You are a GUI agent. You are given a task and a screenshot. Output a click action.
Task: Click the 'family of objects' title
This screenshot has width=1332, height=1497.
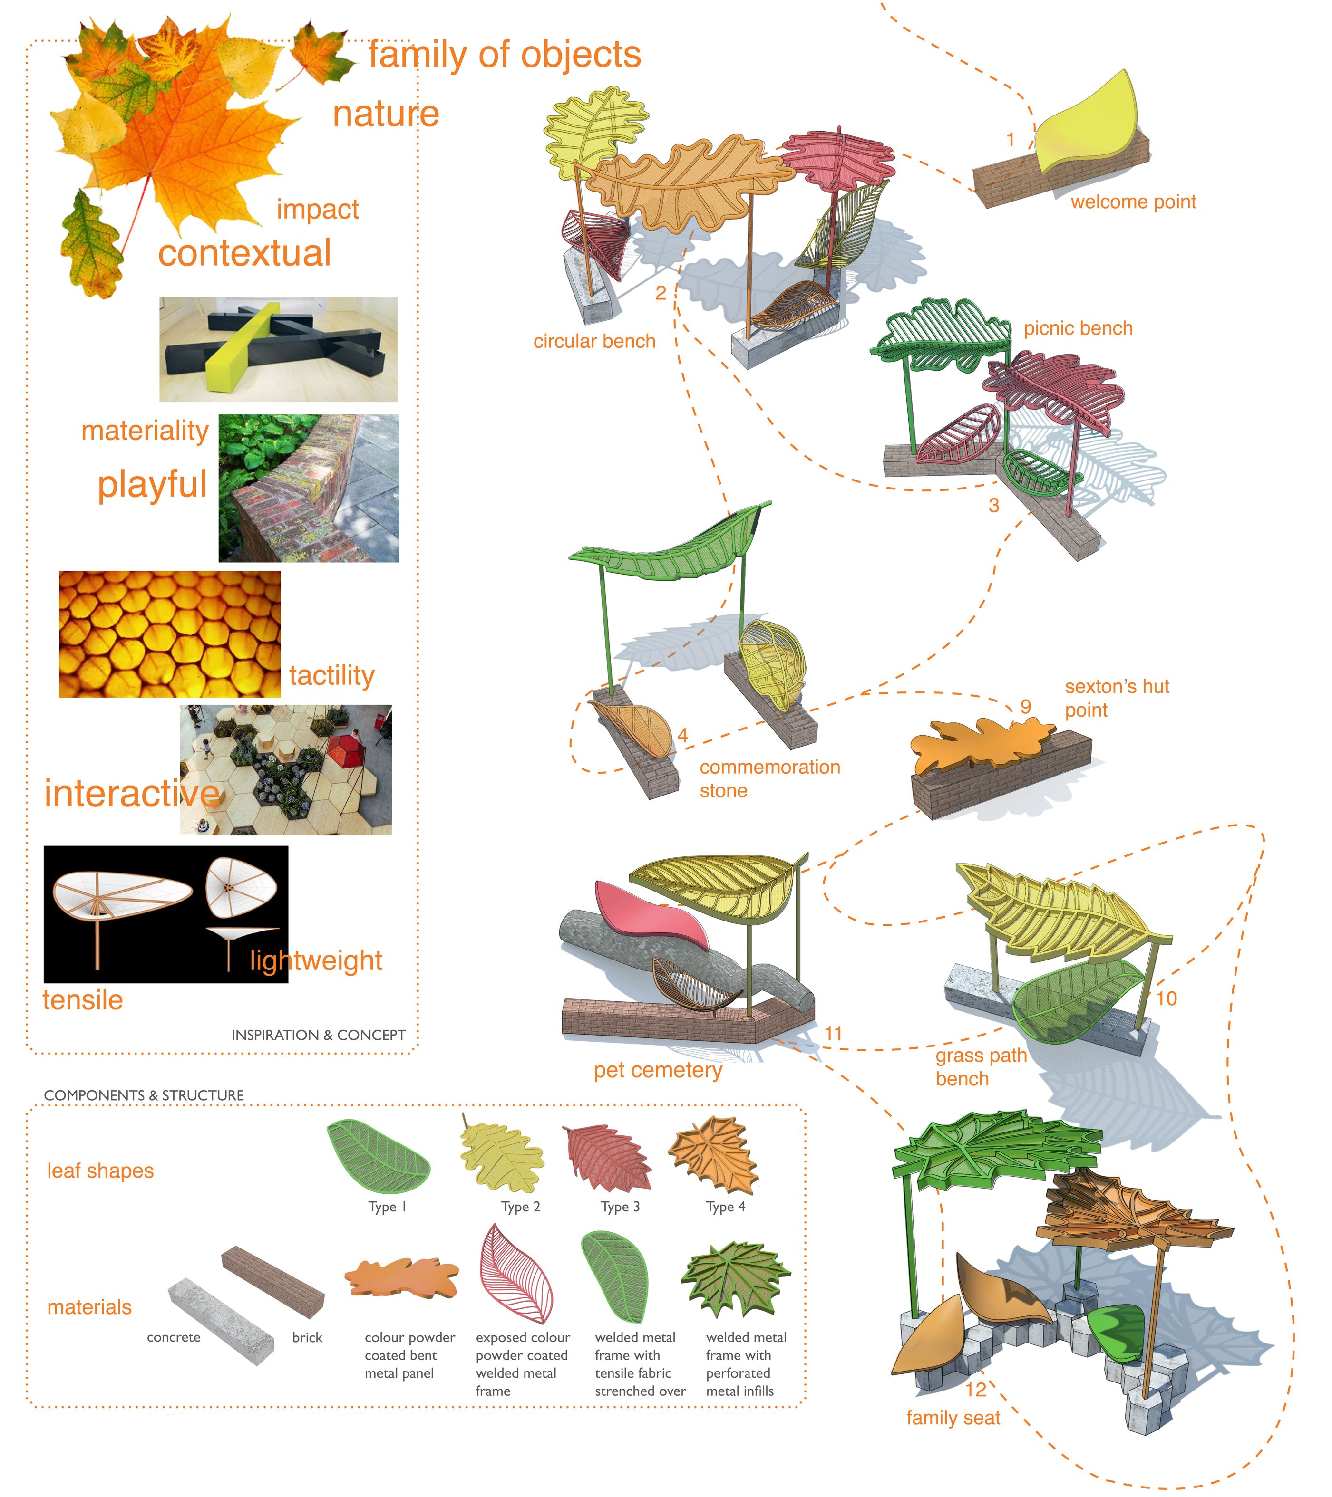point(504,55)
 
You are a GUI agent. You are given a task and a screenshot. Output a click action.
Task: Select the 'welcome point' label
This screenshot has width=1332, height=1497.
point(1133,202)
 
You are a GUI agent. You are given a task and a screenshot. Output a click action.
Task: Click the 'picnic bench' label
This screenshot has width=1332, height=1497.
point(1077,329)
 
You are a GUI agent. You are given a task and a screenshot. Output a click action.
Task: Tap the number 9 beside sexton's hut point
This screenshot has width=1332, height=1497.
point(1025,707)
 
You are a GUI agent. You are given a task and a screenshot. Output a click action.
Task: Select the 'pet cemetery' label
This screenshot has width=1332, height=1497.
point(657,1071)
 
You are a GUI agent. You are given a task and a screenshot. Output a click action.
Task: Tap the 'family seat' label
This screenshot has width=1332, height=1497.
point(953,1418)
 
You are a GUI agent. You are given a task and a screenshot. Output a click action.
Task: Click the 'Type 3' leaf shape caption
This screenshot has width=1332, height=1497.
point(620,1207)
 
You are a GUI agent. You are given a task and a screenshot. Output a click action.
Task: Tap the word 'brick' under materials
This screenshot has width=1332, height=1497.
point(307,1337)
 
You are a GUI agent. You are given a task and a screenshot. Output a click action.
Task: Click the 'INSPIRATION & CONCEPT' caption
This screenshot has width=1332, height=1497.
point(318,1035)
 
